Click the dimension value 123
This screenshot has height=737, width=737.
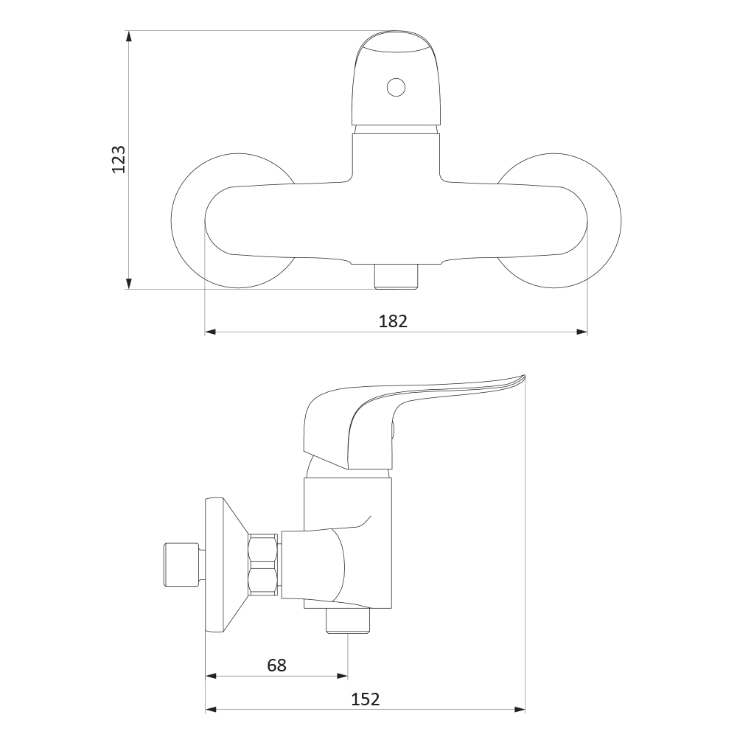[119, 159]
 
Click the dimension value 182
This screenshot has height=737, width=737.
[393, 321]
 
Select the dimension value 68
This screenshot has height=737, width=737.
[276, 665]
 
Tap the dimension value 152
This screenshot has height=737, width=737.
[366, 699]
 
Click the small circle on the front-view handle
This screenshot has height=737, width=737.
[396, 88]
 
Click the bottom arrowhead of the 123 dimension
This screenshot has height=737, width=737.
[129, 283]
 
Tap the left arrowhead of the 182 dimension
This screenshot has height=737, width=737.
[211, 332]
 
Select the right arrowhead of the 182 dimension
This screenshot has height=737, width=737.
[582, 332]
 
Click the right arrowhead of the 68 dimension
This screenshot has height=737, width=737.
[342, 676]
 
